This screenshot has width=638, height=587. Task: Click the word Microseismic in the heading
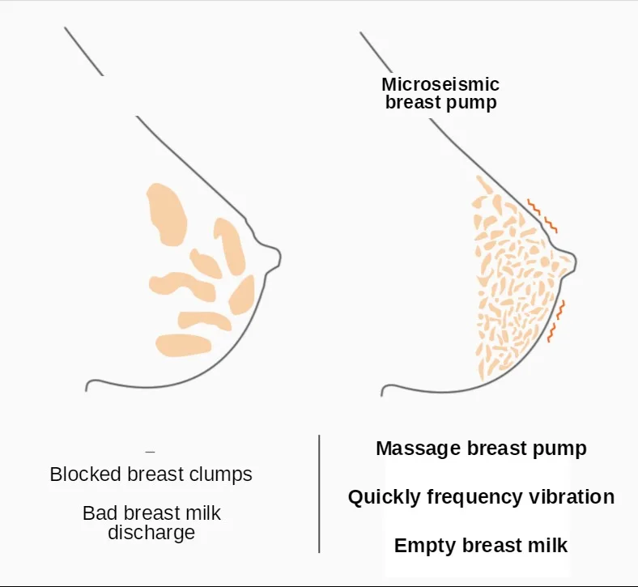tap(440, 85)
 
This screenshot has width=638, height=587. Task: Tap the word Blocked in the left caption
tap(83, 474)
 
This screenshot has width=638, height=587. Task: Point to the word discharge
tap(151, 533)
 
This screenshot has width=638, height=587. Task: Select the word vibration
tap(571, 497)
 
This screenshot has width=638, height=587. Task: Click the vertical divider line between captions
tap(319, 494)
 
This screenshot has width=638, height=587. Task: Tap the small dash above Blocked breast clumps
tap(150, 450)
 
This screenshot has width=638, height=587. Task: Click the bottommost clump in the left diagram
tap(184, 344)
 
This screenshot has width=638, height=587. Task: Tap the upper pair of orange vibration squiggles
tap(542, 212)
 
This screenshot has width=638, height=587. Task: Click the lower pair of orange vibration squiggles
tap(557, 320)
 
